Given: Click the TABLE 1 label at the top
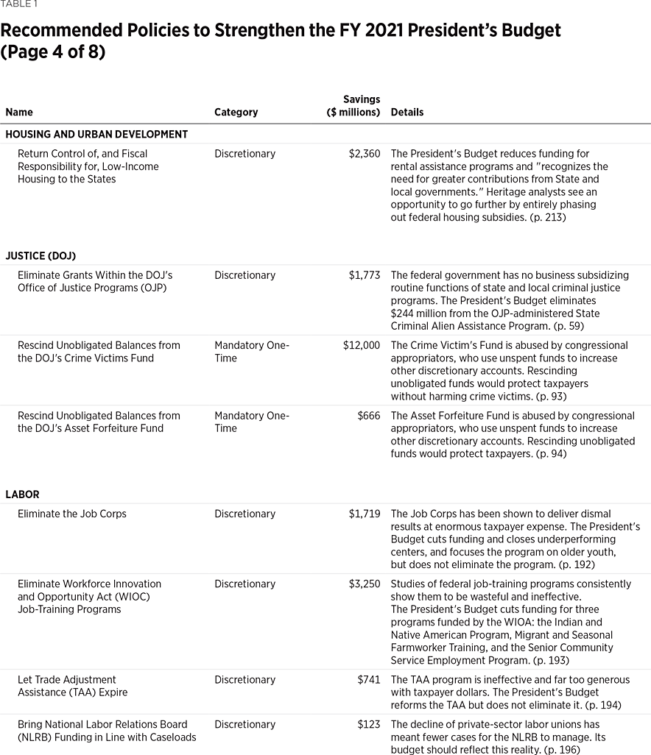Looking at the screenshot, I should pos(19,4).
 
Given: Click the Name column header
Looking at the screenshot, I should pos(19,113).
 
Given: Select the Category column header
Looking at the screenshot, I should pos(236,113).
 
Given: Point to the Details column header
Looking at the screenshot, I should pos(407,113).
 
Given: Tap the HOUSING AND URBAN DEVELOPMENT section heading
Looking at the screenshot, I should pos(96,135).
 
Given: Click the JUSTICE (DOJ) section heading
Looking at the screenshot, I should pos(41,256).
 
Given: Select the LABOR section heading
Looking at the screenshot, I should pos(22,495).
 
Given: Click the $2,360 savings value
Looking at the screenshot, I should pos(365,154).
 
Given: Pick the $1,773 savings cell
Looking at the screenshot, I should pos(365,275).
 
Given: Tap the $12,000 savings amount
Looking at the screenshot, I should pos(362,345).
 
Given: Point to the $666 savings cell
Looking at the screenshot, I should pos(369,416).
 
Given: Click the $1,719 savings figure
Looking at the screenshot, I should pos(365,514).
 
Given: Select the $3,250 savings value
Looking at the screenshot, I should pos(365,584).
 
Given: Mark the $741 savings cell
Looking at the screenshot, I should pos(369,680).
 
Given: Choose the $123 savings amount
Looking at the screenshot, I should pos(369,725).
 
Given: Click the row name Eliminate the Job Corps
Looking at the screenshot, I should pos(72,514).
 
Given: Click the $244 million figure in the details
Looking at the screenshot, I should pos(423,313).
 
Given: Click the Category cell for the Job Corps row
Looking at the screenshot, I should pos(244,514).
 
